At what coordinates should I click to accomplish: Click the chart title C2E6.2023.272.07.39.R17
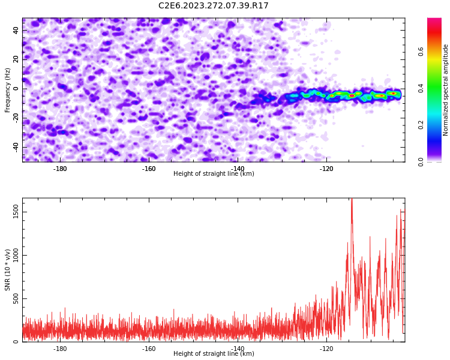pyautogui.click(x=213, y=5)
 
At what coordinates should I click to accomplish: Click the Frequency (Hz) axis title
pyautogui.click(x=7, y=90)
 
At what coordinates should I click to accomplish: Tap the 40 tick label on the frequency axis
pyautogui.click(x=16, y=31)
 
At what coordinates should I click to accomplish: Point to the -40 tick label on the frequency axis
pyautogui.click(x=16, y=148)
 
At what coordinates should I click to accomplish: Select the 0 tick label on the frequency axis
pyautogui.click(x=16, y=89)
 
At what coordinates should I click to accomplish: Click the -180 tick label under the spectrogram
pyautogui.click(x=59, y=169)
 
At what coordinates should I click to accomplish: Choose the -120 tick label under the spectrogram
pyautogui.click(x=326, y=169)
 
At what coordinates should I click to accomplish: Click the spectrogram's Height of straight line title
pyautogui.click(x=214, y=173)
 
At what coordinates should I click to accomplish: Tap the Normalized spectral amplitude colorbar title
pyautogui.click(x=445, y=90)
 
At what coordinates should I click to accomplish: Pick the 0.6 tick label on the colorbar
pyautogui.click(x=421, y=52)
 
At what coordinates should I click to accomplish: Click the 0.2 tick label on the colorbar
pyautogui.click(x=421, y=125)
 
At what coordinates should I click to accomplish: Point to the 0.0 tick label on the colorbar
pyautogui.click(x=421, y=162)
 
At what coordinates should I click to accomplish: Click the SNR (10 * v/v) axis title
pyautogui.click(x=7, y=270)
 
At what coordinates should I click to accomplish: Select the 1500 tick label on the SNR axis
pyautogui.click(x=16, y=212)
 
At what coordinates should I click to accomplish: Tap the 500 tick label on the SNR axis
pyautogui.click(x=16, y=299)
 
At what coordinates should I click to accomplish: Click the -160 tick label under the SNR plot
pyautogui.click(x=149, y=349)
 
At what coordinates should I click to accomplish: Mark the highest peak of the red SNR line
pyautogui.click(x=352, y=199)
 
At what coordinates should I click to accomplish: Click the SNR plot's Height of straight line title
pyautogui.click(x=214, y=353)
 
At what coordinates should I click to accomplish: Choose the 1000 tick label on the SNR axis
pyautogui.click(x=16, y=255)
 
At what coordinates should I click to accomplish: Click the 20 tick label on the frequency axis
pyautogui.click(x=16, y=60)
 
